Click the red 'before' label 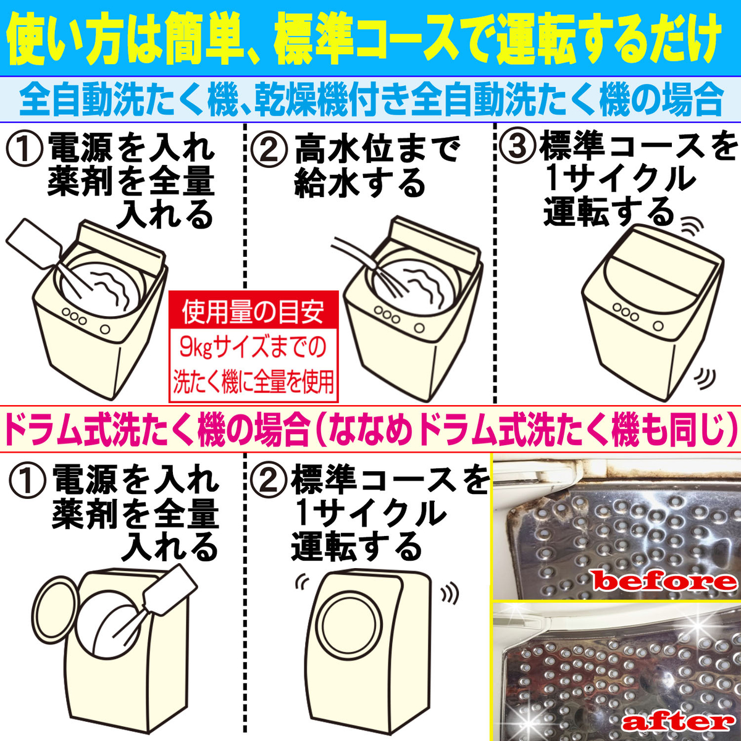click(664, 580)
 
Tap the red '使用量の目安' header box click(253, 312)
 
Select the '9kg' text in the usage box click(196, 348)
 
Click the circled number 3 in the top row click(517, 148)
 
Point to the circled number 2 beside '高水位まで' click(269, 150)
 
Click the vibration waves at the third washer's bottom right click(704, 377)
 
